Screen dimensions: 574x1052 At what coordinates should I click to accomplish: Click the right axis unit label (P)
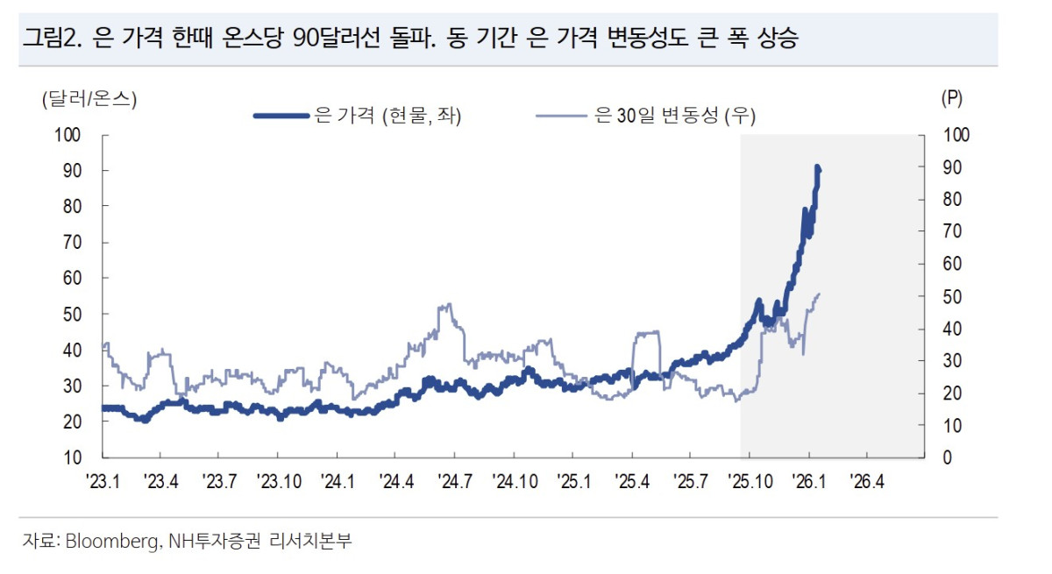(x=951, y=99)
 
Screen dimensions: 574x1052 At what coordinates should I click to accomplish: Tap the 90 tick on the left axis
(x=70, y=170)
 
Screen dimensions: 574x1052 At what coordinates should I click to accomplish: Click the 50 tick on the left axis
(x=70, y=314)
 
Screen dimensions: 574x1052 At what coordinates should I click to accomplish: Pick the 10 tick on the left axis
(x=70, y=457)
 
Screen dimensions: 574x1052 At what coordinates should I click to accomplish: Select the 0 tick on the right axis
(x=948, y=457)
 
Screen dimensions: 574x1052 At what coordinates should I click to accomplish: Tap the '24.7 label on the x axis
(x=455, y=481)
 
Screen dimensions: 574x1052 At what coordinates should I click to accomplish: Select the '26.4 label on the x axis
(x=867, y=481)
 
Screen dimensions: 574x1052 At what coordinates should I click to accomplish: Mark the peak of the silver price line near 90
(x=817, y=167)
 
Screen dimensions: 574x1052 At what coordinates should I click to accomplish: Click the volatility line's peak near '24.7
(x=448, y=305)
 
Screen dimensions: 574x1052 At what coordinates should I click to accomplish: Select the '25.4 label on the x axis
(x=632, y=481)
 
